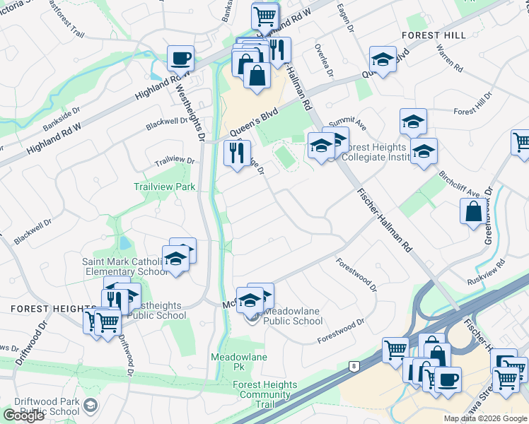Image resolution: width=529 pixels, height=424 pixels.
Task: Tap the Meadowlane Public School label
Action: pos(293,321)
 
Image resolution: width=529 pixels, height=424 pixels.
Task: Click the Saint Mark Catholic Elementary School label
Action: pos(124,266)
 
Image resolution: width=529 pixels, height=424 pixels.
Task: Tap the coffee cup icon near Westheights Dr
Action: pos(180,58)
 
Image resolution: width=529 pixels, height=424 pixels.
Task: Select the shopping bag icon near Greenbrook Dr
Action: pos(472,211)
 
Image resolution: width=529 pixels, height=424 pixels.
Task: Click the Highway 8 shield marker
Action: pos(354,366)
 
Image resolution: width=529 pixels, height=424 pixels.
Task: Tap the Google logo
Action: pos(23,416)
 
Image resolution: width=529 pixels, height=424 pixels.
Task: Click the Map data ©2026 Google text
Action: pos(486,418)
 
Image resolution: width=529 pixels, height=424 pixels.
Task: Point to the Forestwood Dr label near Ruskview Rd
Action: pos(357,278)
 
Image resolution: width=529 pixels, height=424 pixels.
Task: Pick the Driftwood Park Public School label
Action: pos(50,406)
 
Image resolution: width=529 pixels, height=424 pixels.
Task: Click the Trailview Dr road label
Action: pos(175,162)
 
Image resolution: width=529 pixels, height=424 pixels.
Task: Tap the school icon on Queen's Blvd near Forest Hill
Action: pos(383,60)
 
